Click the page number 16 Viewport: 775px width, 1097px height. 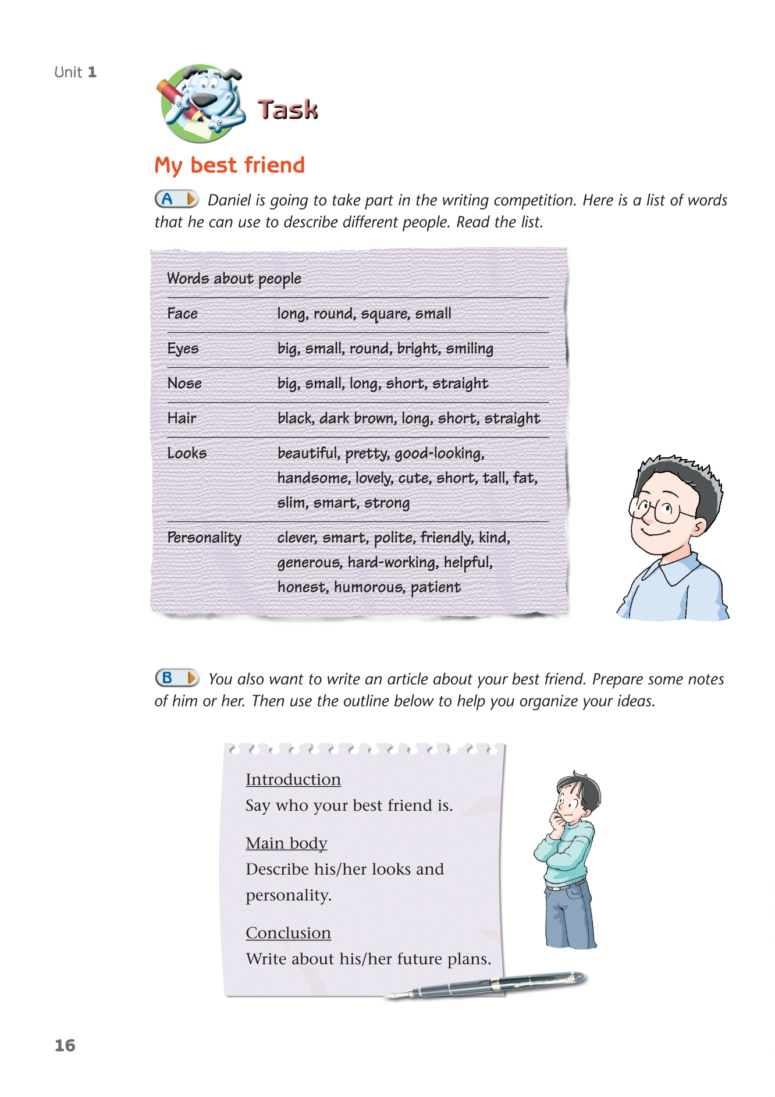click(65, 1045)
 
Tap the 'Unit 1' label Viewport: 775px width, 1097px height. click(75, 72)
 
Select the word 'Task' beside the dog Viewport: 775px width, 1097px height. click(287, 109)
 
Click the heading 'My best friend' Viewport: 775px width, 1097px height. click(229, 165)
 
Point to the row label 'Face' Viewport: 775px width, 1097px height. click(182, 314)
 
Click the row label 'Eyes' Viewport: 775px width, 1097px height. click(183, 349)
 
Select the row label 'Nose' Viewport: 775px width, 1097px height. click(184, 384)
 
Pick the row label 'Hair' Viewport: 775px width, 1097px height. click(182, 418)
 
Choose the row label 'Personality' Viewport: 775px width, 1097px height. click(204, 538)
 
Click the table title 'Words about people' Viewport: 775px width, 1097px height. click(234, 279)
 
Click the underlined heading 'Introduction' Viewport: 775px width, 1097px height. click(293, 779)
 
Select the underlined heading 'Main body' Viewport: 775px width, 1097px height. click(286, 843)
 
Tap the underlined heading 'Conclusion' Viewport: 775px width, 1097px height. click(288, 933)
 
